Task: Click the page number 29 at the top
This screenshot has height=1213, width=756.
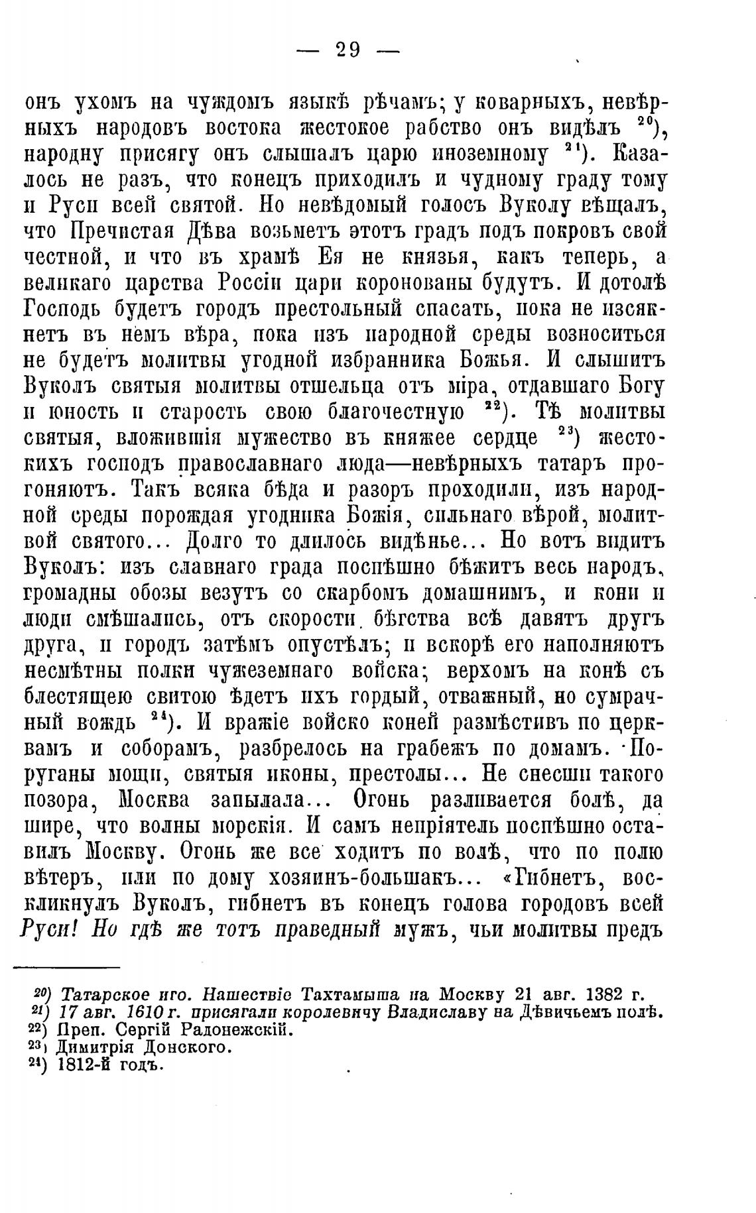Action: point(347,50)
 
